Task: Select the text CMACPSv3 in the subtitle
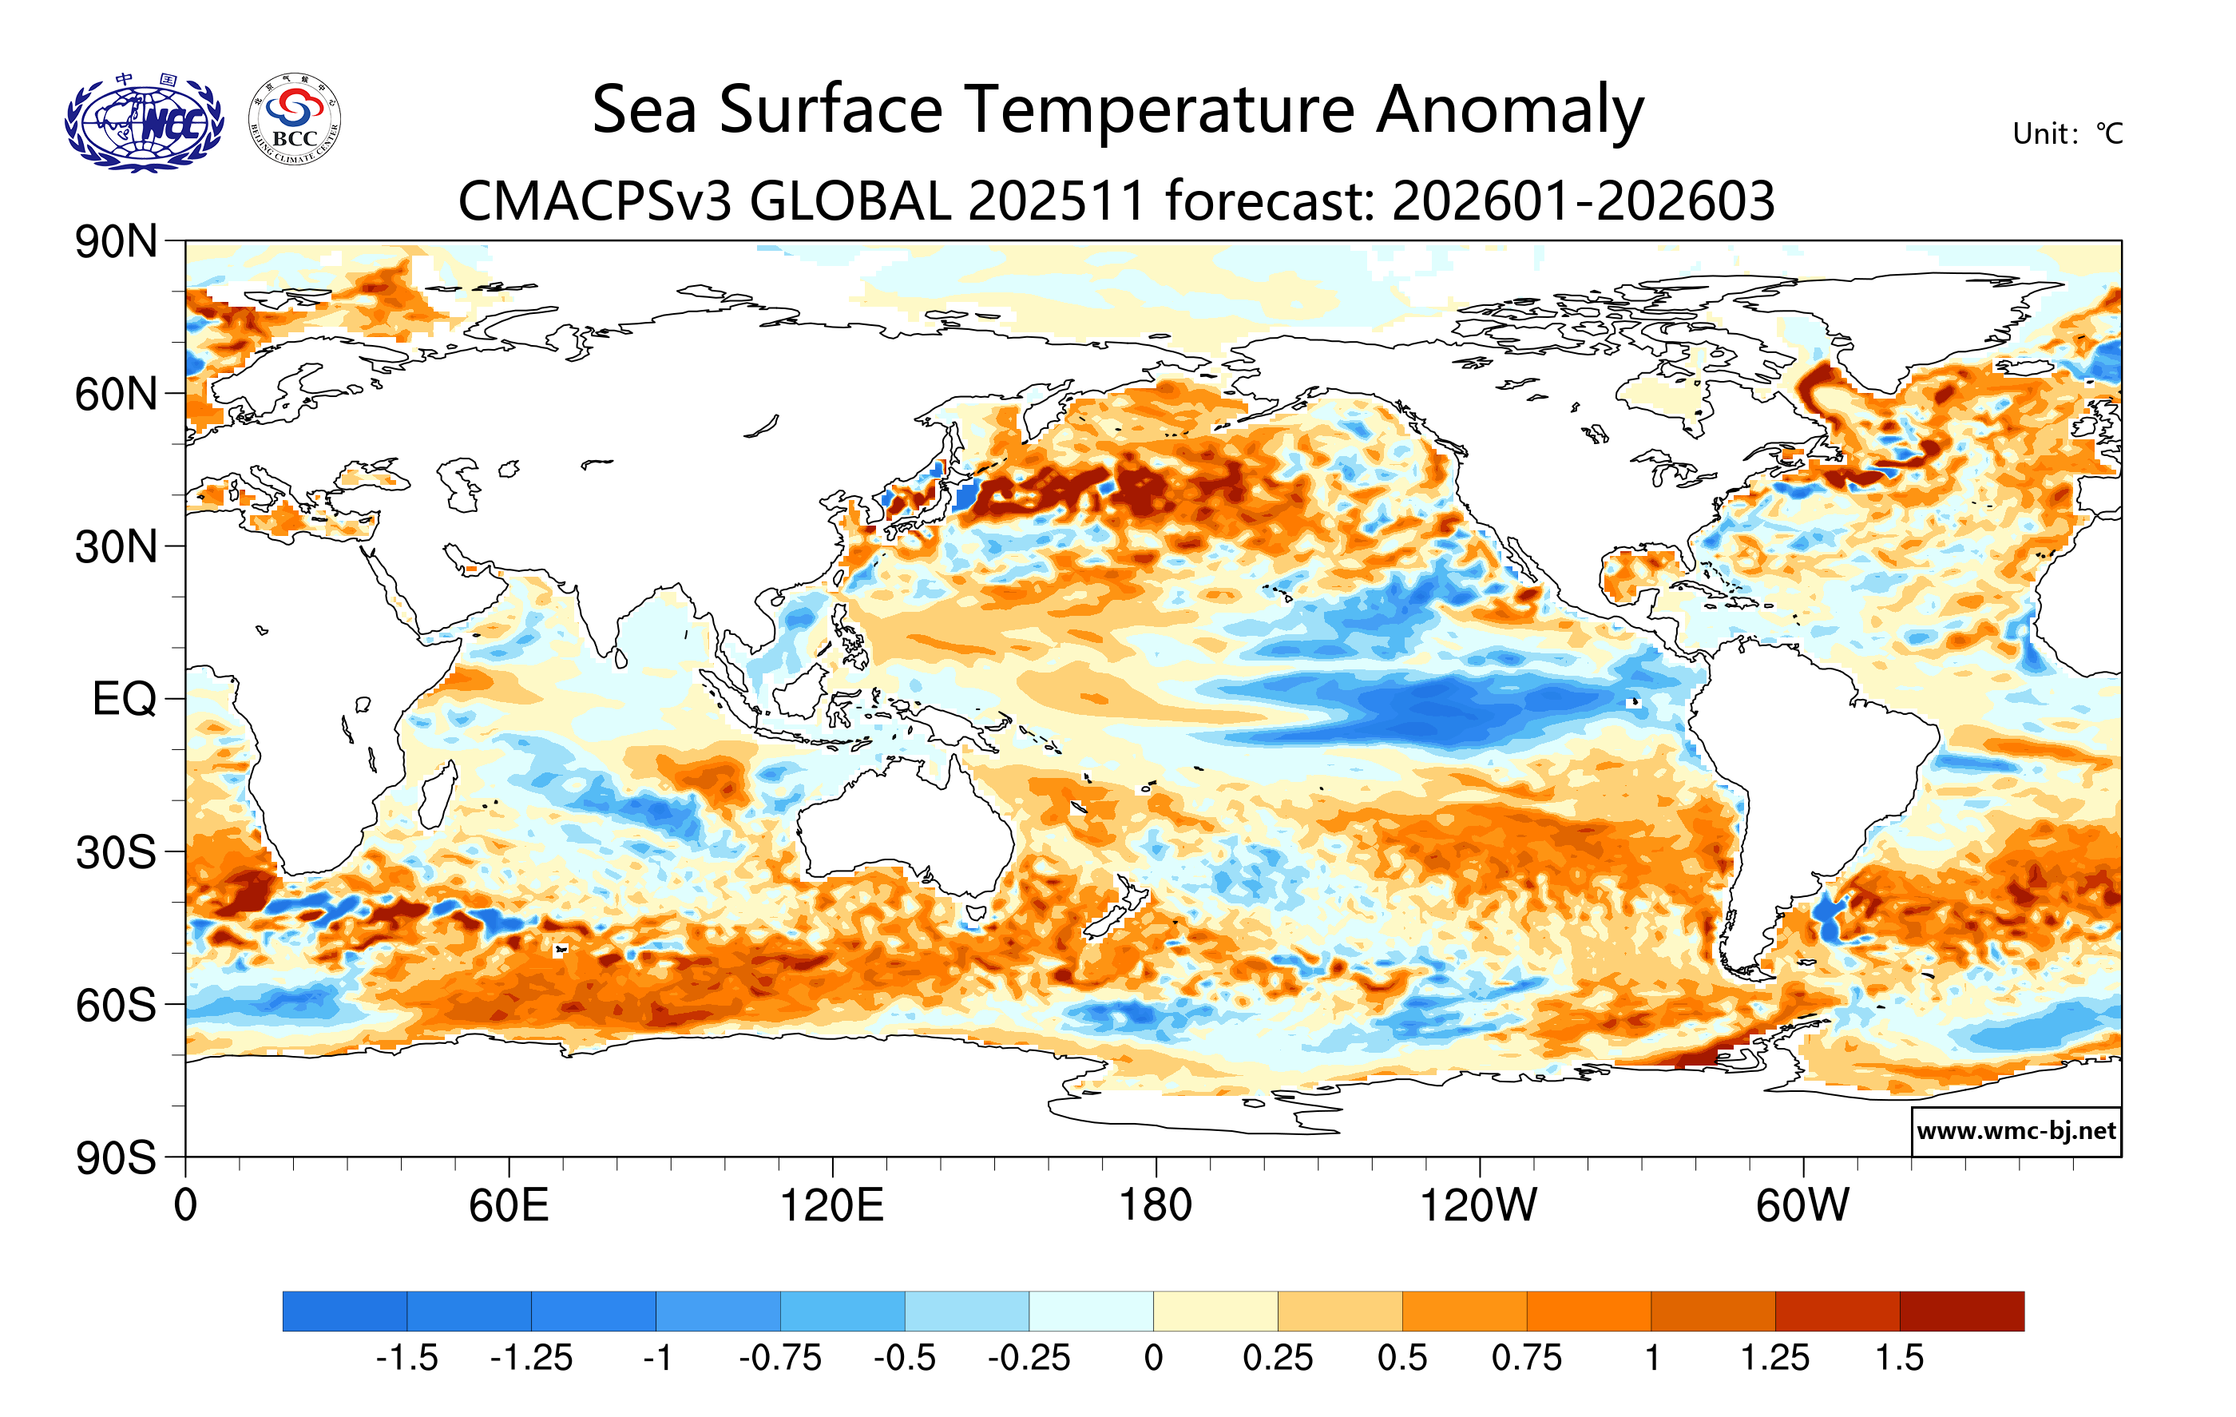click(x=597, y=201)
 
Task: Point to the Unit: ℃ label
click(x=2067, y=133)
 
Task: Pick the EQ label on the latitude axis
click(x=125, y=699)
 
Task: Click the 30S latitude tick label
click(x=116, y=852)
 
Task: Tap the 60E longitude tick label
click(x=508, y=1206)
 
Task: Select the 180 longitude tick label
click(x=1156, y=1206)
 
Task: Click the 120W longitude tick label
click(x=1478, y=1206)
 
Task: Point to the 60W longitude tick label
click(x=1802, y=1206)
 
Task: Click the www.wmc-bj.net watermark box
click(x=2016, y=1131)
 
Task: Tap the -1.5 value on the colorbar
click(x=406, y=1359)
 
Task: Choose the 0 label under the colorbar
click(x=1153, y=1359)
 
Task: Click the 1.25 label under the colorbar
click(x=1774, y=1359)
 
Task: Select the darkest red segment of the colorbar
click(x=1962, y=1311)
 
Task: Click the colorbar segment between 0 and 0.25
click(x=1215, y=1311)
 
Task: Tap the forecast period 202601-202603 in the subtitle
click(x=1584, y=201)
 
